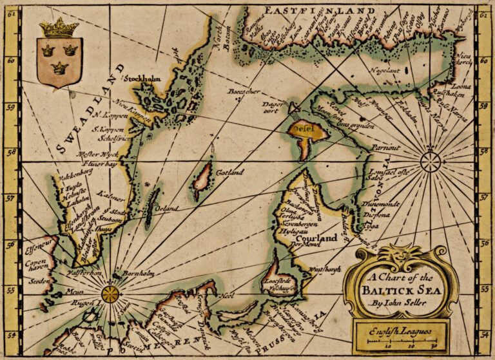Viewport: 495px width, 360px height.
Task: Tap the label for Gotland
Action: (230, 173)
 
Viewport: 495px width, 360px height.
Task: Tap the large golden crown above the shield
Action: (59, 28)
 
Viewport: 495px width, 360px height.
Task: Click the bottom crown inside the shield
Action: (59, 66)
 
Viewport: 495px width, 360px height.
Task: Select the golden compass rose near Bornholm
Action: (111, 294)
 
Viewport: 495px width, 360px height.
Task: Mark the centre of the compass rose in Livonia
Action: (430, 160)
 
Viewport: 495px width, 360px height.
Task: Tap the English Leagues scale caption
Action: (400, 332)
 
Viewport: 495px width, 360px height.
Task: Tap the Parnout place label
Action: (387, 147)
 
